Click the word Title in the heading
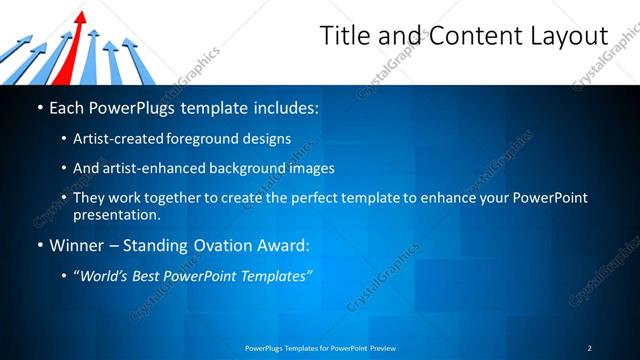pos(342,36)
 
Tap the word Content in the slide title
pos(464,36)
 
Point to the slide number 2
pos(590,348)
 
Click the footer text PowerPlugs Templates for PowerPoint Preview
pos(320,348)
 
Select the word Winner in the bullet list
pos(77,244)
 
